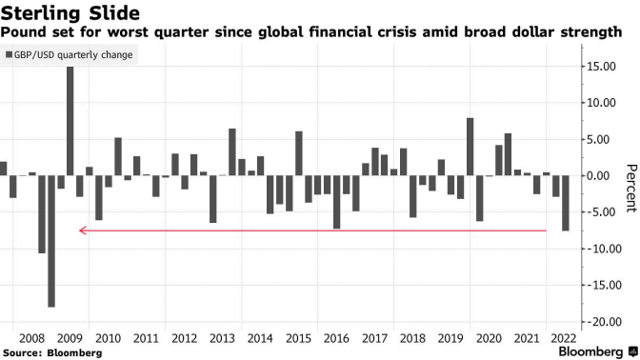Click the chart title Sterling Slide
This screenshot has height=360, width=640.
(70, 13)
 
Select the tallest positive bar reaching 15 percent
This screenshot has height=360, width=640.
(70, 121)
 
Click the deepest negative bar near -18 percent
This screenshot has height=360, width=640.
(51, 241)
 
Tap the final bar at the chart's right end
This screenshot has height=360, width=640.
(566, 203)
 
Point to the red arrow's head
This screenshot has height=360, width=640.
(82, 230)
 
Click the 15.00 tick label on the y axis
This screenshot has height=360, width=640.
(602, 67)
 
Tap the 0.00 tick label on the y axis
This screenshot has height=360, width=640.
(604, 176)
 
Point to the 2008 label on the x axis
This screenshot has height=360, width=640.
(31, 338)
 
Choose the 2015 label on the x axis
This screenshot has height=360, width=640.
(298, 338)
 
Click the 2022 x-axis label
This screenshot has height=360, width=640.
(564, 338)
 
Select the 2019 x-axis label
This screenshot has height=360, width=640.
(450, 338)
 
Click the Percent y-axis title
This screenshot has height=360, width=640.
(631, 189)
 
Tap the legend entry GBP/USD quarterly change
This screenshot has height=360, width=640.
(69, 54)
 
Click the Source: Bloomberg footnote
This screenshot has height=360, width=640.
(52, 353)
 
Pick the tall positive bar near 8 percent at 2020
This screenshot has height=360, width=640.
(470, 147)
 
